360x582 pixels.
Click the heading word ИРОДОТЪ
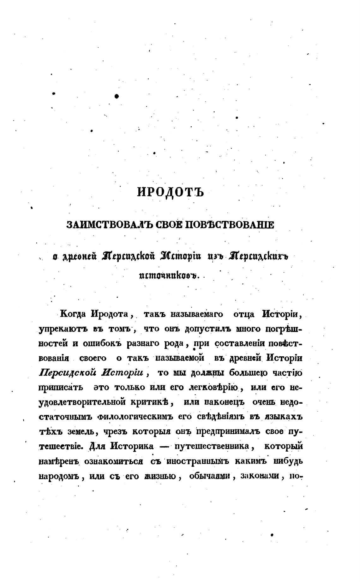point(171,192)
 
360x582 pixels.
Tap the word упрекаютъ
point(58,329)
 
